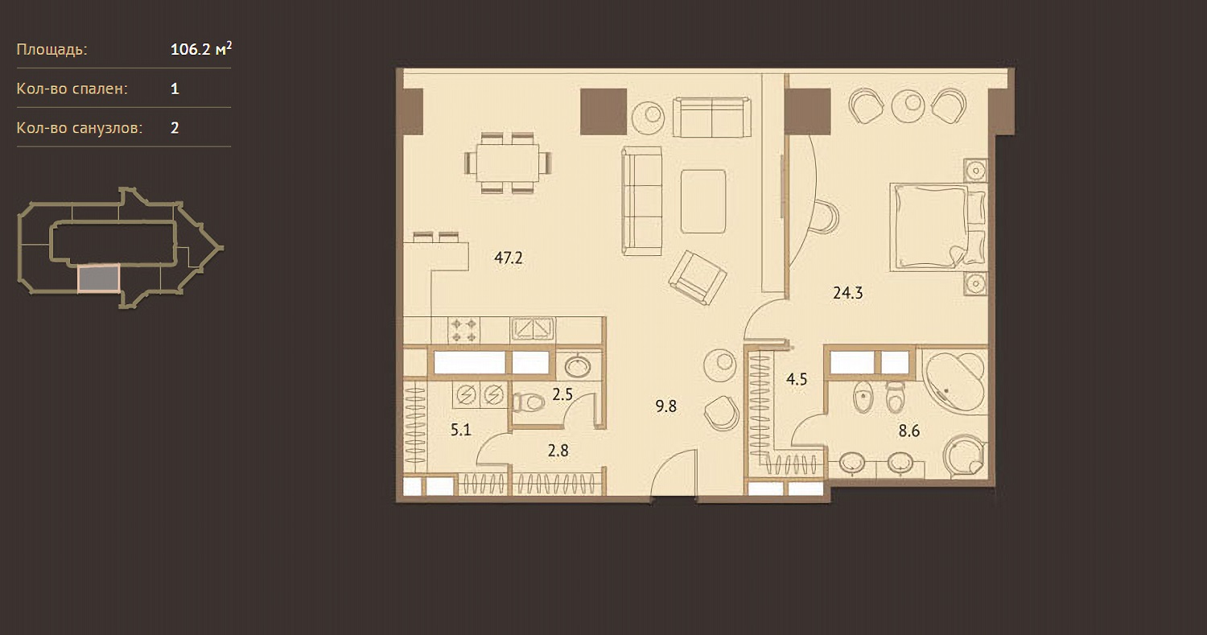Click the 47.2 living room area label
coord(508,258)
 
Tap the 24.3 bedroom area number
coord(847,293)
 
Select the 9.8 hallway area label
coord(666,406)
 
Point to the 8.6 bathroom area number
coord(909,431)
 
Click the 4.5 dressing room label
coord(797,380)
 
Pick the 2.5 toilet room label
coord(562,394)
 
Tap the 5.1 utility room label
coord(461,430)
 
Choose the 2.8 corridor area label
coord(558,450)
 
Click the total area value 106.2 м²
coord(201,49)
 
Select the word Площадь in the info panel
coord(51,50)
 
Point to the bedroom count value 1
coord(175,89)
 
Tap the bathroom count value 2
coord(175,128)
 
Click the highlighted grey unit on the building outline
coord(98,278)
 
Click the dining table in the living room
coord(508,163)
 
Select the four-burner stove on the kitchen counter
coord(463,330)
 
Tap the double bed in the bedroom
coord(939,226)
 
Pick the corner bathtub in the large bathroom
coord(955,381)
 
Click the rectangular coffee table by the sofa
coord(702,201)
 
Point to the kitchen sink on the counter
coord(533,328)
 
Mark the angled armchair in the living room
coord(698,278)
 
